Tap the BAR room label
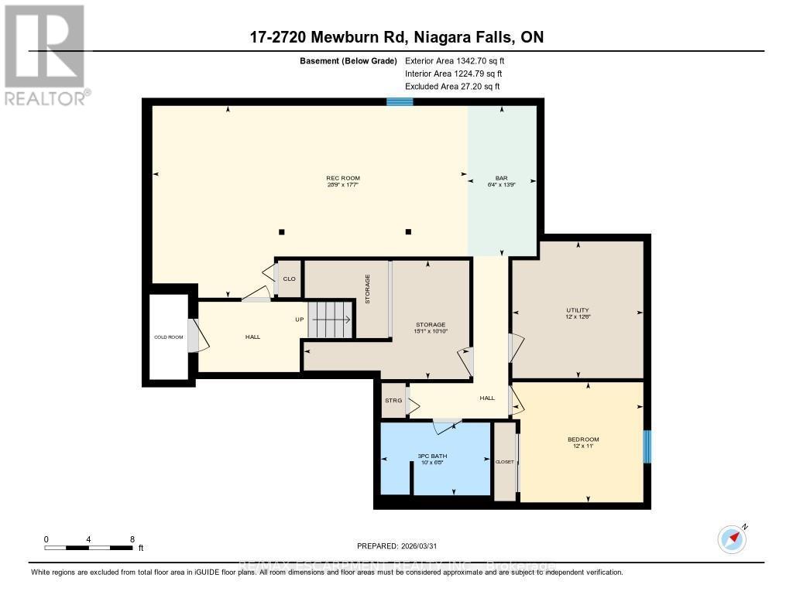(x=501, y=179)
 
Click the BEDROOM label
(x=583, y=439)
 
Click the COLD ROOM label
(x=167, y=337)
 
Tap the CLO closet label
(x=289, y=279)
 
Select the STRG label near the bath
(x=393, y=401)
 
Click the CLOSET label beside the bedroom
(x=504, y=462)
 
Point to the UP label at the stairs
(x=299, y=319)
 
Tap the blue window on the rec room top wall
(x=400, y=101)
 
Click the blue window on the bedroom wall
(x=647, y=446)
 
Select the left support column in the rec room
(x=282, y=231)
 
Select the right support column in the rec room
(x=409, y=231)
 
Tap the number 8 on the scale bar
(x=132, y=539)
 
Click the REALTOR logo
(x=44, y=54)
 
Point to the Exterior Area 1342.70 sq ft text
(x=455, y=60)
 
